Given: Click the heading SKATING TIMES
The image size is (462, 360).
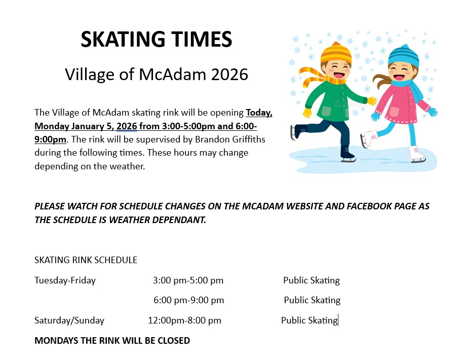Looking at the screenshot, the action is (157, 39).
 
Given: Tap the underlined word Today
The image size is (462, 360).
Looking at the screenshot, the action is (259, 113).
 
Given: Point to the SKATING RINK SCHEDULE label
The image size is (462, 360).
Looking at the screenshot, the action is (86, 260).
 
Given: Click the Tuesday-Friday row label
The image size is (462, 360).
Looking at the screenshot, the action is (65, 280).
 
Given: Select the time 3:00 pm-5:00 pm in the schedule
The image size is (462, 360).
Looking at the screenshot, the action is (188, 280).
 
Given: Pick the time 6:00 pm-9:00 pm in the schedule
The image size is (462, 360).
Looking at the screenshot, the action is (188, 300).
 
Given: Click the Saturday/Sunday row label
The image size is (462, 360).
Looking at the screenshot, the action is (69, 320).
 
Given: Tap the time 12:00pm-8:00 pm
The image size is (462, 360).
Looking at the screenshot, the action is (184, 320).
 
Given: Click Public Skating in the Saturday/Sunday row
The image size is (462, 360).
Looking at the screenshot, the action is (310, 320).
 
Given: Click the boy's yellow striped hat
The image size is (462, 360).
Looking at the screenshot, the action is (336, 53).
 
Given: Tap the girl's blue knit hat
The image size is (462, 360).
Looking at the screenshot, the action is (403, 56).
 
